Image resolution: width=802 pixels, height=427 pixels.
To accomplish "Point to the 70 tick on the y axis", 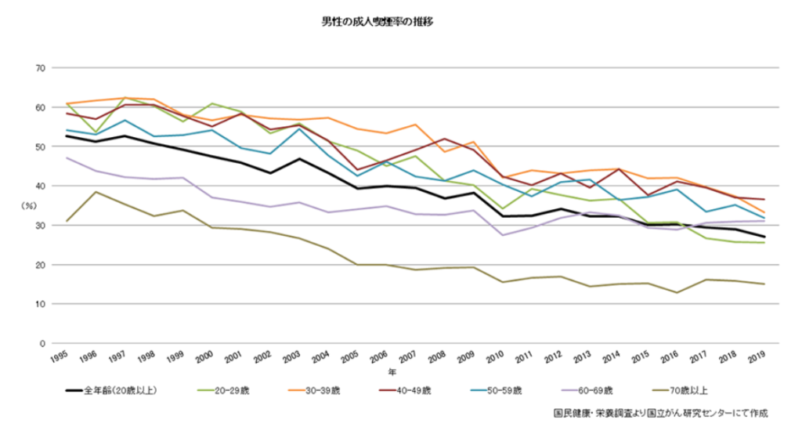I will pos(38,68).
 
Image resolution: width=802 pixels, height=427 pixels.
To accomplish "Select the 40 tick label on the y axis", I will pos(38,186).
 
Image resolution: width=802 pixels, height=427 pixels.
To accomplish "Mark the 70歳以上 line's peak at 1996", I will pos(96,192).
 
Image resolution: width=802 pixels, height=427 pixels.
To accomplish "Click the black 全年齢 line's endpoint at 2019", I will pos(764,237).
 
